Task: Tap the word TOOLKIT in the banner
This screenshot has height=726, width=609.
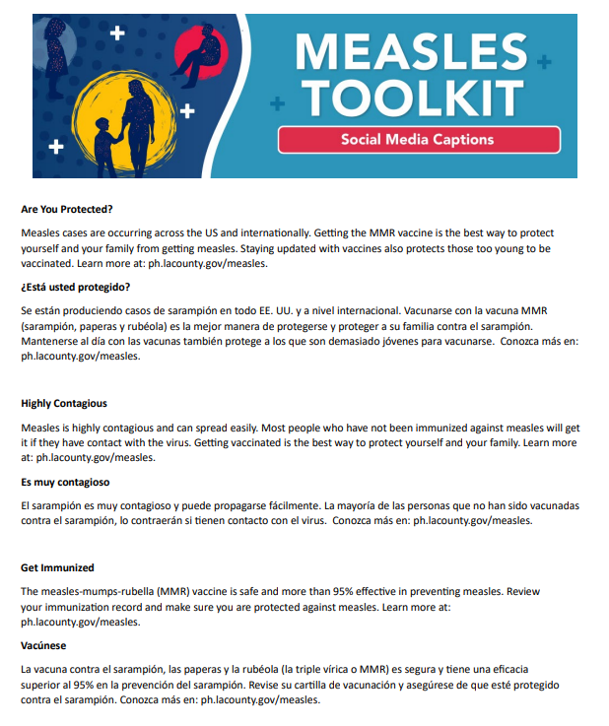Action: click(412, 98)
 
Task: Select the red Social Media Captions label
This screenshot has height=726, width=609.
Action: click(418, 140)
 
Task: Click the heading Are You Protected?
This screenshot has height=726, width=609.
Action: click(67, 209)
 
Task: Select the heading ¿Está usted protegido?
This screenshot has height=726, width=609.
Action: click(75, 287)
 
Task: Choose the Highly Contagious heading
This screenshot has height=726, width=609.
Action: click(64, 404)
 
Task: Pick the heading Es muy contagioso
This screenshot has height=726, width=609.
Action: click(65, 482)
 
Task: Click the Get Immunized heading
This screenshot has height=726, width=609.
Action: click(57, 568)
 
